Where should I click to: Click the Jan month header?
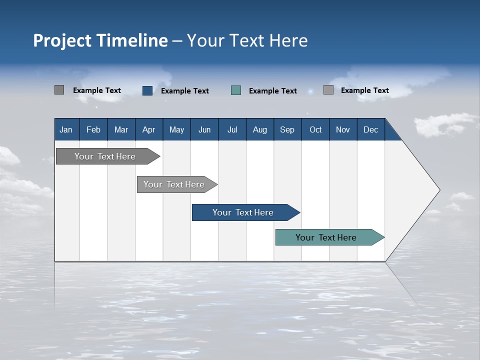click(66, 129)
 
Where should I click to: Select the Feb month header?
click(93, 129)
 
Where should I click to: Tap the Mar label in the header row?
click(121, 129)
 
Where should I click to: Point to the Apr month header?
click(148, 129)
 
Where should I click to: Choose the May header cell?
click(176, 129)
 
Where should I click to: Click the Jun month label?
click(204, 129)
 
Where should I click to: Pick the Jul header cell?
click(232, 129)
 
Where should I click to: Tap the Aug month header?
click(259, 129)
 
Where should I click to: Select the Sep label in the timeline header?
click(287, 129)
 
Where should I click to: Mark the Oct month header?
click(315, 129)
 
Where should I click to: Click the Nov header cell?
click(343, 129)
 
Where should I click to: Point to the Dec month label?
click(371, 129)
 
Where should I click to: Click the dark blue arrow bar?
click(243, 212)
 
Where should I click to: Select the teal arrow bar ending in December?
click(326, 237)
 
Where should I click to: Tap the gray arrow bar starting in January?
click(105, 156)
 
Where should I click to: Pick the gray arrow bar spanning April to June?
click(174, 184)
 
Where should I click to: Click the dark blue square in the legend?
click(147, 90)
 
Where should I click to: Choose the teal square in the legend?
click(236, 90)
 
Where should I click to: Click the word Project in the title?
click(61, 40)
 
